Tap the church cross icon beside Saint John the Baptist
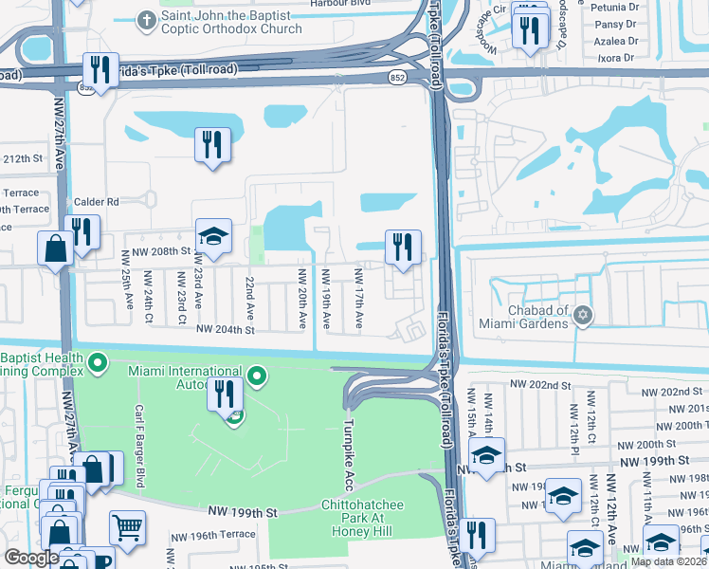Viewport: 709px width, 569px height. coord(146,19)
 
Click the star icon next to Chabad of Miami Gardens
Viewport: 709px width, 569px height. coord(583,316)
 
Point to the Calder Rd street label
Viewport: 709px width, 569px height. coord(99,202)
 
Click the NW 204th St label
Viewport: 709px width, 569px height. coord(226,330)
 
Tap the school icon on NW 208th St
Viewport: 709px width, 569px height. coord(214,237)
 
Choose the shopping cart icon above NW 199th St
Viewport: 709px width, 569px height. coord(127,526)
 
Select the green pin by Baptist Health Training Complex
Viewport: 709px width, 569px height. coord(97,362)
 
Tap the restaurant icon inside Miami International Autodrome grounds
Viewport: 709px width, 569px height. coord(225,392)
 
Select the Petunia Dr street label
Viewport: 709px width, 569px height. coord(613,7)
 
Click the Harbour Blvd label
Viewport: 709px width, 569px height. coord(340,3)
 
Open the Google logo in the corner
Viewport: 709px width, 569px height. coord(31,558)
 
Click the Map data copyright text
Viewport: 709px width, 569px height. coord(669,561)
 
